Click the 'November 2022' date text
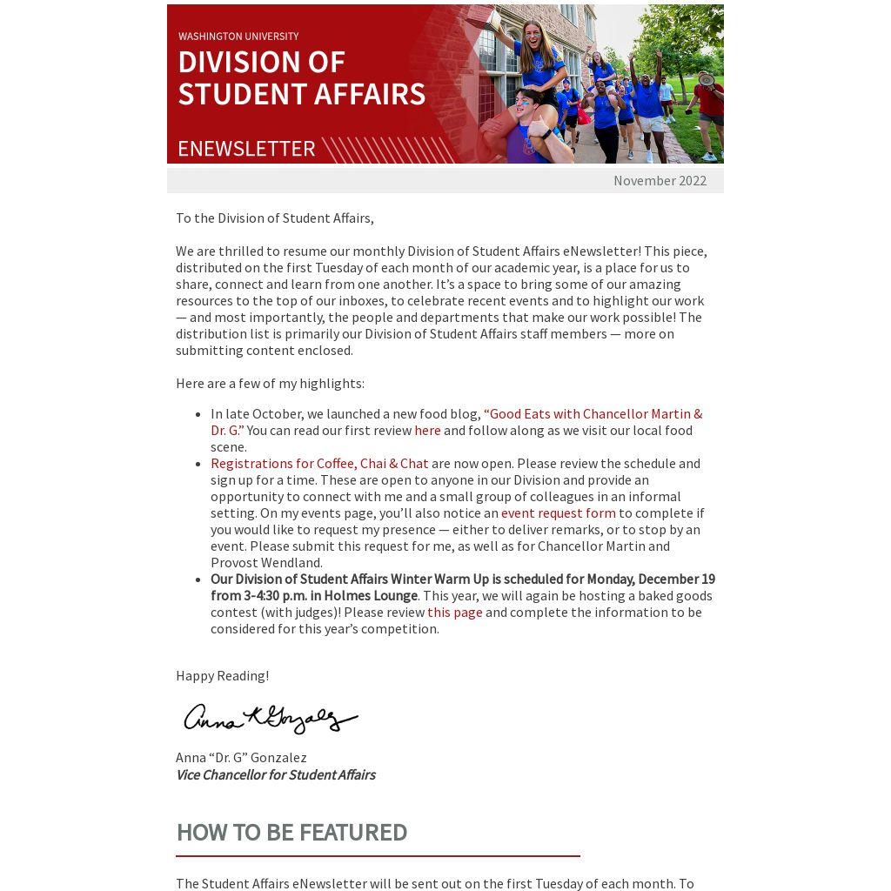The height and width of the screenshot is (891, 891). (660, 181)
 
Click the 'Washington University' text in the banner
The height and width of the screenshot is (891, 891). (238, 37)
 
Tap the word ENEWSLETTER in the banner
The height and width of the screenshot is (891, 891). (246, 149)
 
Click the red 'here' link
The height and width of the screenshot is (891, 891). (427, 430)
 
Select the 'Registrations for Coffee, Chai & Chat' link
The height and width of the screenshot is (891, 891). (319, 463)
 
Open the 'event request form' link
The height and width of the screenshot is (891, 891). (558, 512)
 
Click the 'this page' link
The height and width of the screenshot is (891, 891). (454, 612)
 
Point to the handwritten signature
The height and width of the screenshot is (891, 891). (271, 719)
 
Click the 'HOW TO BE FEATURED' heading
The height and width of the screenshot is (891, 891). (291, 832)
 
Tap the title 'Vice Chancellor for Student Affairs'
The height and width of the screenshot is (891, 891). (275, 774)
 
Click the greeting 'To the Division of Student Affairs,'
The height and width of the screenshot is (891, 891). (274, 218)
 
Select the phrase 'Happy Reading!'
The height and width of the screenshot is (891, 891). (222, 675)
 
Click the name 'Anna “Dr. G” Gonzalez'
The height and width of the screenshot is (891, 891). (241, 757)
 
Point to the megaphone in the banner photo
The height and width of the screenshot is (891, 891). (707, 80)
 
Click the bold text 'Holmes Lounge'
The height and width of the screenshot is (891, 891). (370, 595)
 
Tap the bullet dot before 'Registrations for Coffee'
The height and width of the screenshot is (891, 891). (199, 464)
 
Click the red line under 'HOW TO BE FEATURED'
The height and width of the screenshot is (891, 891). (378, 856)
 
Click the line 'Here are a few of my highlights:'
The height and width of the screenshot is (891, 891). (270, 383)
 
